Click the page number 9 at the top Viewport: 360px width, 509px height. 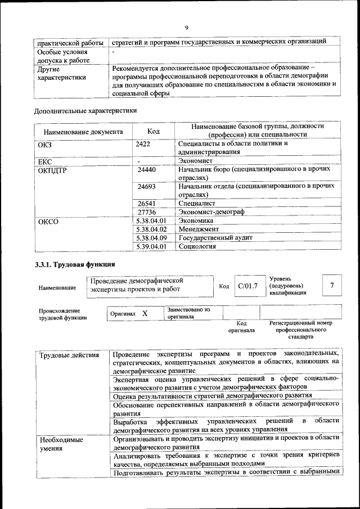point(186,28)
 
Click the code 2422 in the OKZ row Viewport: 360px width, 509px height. point(143,143)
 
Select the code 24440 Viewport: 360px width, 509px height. point(146,169)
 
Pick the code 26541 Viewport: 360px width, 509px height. point(146,202)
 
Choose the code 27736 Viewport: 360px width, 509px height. point(146,212)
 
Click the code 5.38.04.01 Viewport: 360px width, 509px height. point(152,221)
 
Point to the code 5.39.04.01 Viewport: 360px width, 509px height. point(152,246)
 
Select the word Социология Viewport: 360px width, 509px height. point(197,246)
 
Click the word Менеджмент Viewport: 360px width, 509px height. point(199,229)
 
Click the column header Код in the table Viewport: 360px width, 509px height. point(153,132)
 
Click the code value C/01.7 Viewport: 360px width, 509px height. point(247,286)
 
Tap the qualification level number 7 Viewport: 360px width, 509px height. point(332,286)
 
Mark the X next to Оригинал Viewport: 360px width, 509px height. point(145,313)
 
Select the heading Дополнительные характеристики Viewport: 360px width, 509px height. point(85,111)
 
